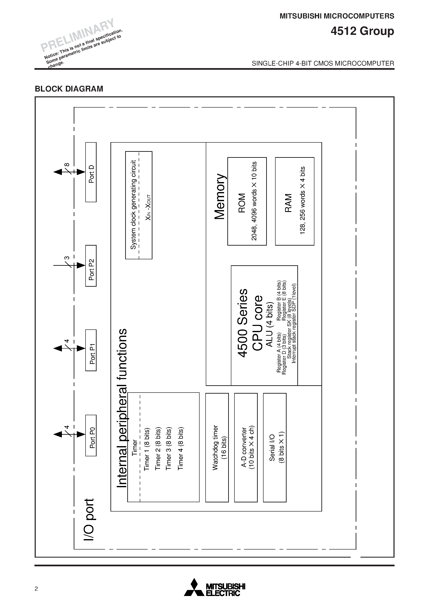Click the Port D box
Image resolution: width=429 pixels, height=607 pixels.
coord(91,172)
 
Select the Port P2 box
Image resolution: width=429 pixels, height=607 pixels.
coord(91,266)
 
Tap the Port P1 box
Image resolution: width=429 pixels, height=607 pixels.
coord(91,350)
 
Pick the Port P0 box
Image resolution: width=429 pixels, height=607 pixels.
coord(91,435)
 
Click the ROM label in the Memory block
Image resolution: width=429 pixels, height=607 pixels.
coord(242,203)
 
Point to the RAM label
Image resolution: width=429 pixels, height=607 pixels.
coord(288,203)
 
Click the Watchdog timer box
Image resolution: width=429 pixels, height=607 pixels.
coord(217,447)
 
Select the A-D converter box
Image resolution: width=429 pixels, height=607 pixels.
coord(246,447)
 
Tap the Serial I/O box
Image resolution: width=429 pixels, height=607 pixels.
coord(275,447)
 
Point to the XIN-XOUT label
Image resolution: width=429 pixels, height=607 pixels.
coord(148,208)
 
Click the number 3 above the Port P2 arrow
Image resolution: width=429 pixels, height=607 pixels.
coord(67,258)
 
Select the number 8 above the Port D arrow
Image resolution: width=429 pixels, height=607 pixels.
coord(67,165)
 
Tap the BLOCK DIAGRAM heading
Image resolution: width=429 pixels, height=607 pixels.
coord(69,89)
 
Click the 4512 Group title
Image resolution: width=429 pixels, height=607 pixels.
coord(362,31)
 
